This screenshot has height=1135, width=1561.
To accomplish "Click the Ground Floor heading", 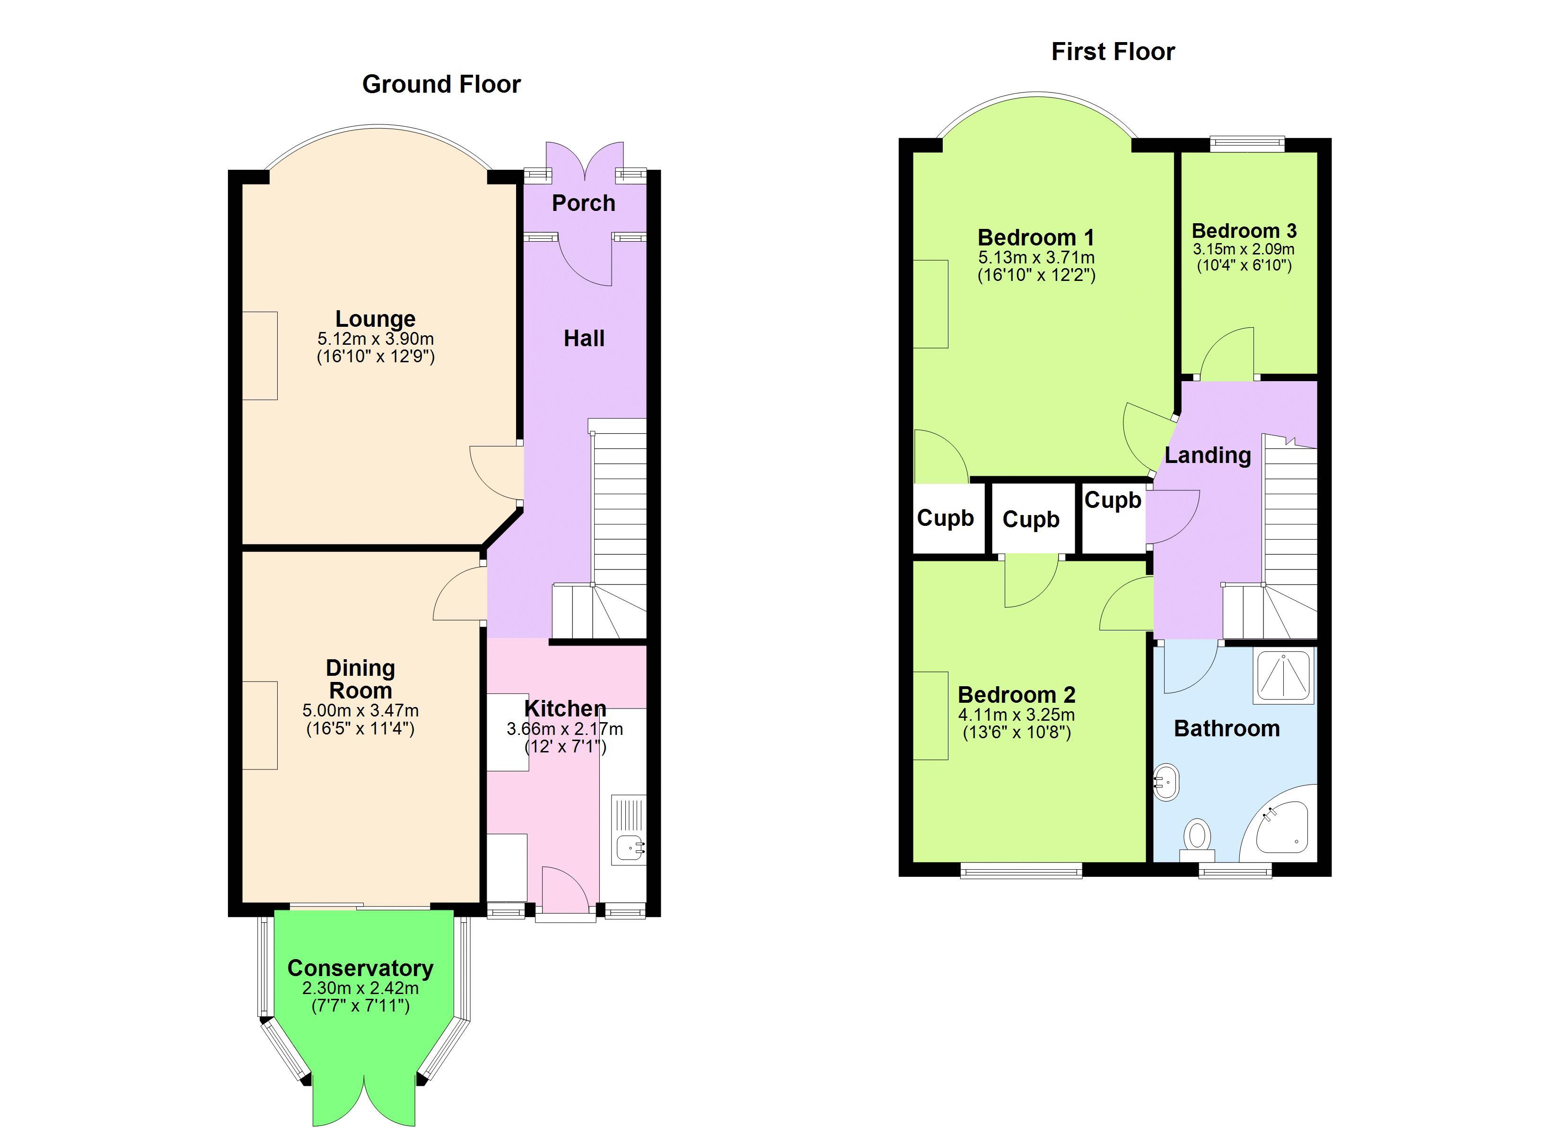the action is click(441, 84).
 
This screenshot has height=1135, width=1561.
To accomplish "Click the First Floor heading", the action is click(1113, 52).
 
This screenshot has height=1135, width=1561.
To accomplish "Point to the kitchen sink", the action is click(630, 847).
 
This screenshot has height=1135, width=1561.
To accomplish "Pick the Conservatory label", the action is click(360, 968).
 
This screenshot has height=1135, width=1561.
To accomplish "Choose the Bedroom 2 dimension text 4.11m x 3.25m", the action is click(1017, 715).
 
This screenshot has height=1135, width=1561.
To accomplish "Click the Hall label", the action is click(584, 338).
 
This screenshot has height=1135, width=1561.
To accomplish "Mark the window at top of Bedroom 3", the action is click(1248, 143).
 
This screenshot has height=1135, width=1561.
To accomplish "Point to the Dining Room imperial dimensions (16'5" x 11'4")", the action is click(360, 728).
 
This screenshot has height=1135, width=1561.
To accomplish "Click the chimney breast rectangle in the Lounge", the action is click(260, 356).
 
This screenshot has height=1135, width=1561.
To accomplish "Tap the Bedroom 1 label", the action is click(1036, 237).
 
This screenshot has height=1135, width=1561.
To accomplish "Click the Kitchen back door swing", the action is click(565, 889).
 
